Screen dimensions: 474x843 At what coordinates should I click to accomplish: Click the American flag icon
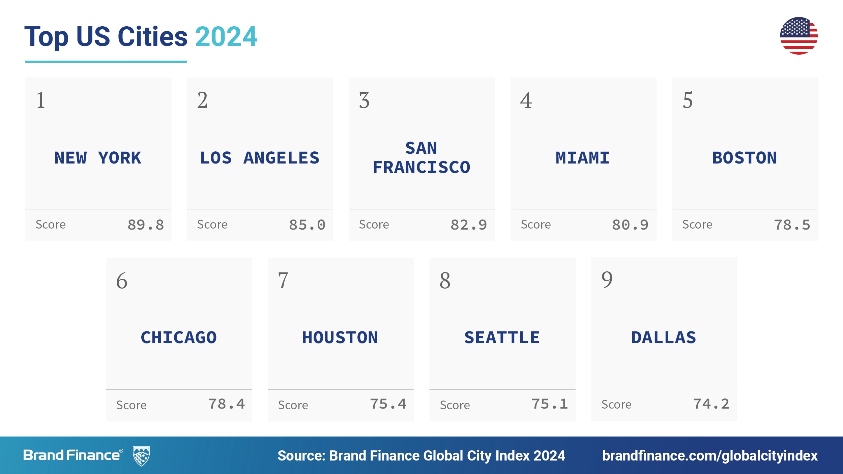pos(798,36)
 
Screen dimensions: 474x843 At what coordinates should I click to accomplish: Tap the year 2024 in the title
pos(226,36)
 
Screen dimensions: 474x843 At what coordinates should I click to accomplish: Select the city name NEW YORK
pos(98,158)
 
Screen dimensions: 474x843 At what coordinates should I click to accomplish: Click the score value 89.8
pos(146,225)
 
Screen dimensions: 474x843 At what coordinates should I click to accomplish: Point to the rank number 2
pos(202,100)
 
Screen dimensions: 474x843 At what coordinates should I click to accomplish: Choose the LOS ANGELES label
pos(260,158)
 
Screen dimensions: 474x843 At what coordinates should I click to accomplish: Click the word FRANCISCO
pos(421,168)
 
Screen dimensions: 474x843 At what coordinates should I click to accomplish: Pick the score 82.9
pos(469,225)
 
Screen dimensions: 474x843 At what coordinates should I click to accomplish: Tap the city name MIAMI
pos(583,158)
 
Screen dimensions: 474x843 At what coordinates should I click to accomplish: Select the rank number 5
pos(688,100)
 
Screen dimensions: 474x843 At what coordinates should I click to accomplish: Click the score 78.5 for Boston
pos(792,225)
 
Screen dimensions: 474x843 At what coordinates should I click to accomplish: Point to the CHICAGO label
pos(179,337)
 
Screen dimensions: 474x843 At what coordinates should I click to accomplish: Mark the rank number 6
pos(122,280)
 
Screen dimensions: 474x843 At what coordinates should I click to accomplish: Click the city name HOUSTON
pos(340,337)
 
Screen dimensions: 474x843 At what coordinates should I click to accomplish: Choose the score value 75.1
pos(550,404)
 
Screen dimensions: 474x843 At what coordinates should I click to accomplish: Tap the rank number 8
pos(445,280)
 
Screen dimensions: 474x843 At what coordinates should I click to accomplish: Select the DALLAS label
pos(664,337)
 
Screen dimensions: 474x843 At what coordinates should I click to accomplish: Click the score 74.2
pos(711,404)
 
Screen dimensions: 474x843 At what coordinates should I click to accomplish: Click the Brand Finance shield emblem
pos(141,456)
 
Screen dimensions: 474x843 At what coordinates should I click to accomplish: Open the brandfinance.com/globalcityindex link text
pos(710,456)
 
